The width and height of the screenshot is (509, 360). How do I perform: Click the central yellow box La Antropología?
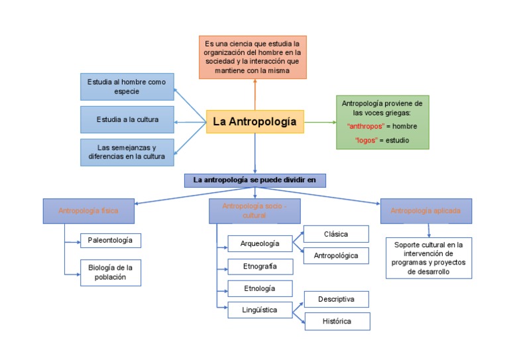(x=255, y=122)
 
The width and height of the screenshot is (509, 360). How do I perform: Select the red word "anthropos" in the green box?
(x=366, y=126)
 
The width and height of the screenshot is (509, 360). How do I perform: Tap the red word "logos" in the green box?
(x=366, y=141)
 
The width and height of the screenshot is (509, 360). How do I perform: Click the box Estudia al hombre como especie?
(x=127, y=87)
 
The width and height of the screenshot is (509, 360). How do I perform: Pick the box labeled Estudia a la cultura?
(x=127, y=120)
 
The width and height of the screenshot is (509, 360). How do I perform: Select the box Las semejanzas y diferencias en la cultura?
(x=127, y=152)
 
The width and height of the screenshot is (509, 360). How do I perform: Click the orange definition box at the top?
(x=253, y=58)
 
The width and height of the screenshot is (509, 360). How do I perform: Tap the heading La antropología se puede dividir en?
(x=255, y=180)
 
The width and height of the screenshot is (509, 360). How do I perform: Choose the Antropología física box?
(x=89, y=211)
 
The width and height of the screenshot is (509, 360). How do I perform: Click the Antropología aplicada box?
(x=425, y=211)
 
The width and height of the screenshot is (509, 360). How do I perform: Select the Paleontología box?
(x=111, y=240)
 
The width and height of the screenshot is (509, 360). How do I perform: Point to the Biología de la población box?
(x=111, y=272)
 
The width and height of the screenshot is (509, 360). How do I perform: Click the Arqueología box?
(x=260, y=243)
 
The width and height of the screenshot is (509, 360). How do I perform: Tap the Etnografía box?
(x=260, y=267)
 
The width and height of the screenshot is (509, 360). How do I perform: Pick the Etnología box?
(x=260, y=288)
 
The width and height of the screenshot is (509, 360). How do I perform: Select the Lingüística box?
(x=260, y=310)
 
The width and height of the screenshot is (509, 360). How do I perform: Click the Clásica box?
(x=335, y=234)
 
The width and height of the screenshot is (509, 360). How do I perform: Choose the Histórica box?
(x=337, y=322)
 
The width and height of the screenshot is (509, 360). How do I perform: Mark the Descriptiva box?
(x=336, y=299)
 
